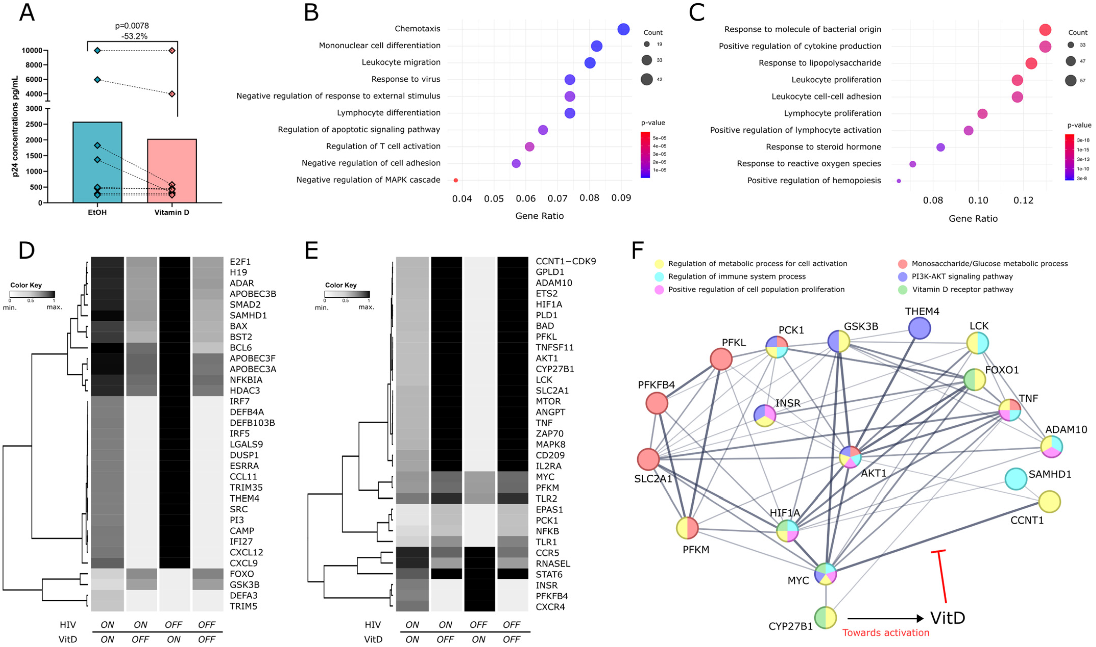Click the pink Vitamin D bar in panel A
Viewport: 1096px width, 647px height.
point(172,170)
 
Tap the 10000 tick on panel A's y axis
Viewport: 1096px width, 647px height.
point(32,50)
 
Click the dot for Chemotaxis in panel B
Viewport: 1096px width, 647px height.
point(623,29)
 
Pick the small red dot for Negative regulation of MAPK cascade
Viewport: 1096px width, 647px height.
point(455,180)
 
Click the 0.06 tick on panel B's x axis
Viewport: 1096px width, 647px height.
point(526,199)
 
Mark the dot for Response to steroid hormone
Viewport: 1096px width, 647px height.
point(941,147)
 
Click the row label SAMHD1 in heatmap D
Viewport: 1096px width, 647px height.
point(248,315)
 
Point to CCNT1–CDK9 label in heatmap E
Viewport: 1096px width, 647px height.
point(565,261)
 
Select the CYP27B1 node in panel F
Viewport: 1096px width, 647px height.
point(825,618)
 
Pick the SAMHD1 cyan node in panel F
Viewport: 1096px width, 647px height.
point(1016,479)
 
